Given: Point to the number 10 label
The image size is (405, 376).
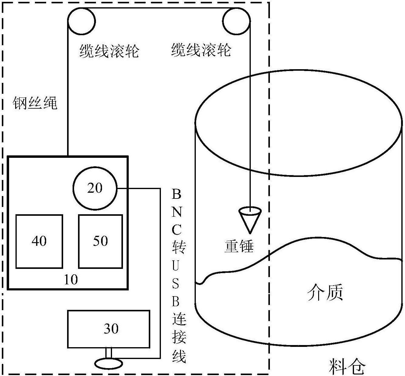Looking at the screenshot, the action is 71,279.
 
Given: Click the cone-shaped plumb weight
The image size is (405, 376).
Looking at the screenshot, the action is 250,220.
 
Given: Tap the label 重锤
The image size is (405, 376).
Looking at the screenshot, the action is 239,246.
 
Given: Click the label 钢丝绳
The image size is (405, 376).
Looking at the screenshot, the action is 35,103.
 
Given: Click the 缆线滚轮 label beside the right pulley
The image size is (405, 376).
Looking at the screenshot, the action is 201,49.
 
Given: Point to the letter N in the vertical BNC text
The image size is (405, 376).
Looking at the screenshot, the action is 177,212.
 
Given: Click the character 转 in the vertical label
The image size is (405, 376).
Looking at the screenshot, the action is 179,247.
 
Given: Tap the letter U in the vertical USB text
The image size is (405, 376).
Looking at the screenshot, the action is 176,265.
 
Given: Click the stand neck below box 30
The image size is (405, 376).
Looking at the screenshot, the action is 108,353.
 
